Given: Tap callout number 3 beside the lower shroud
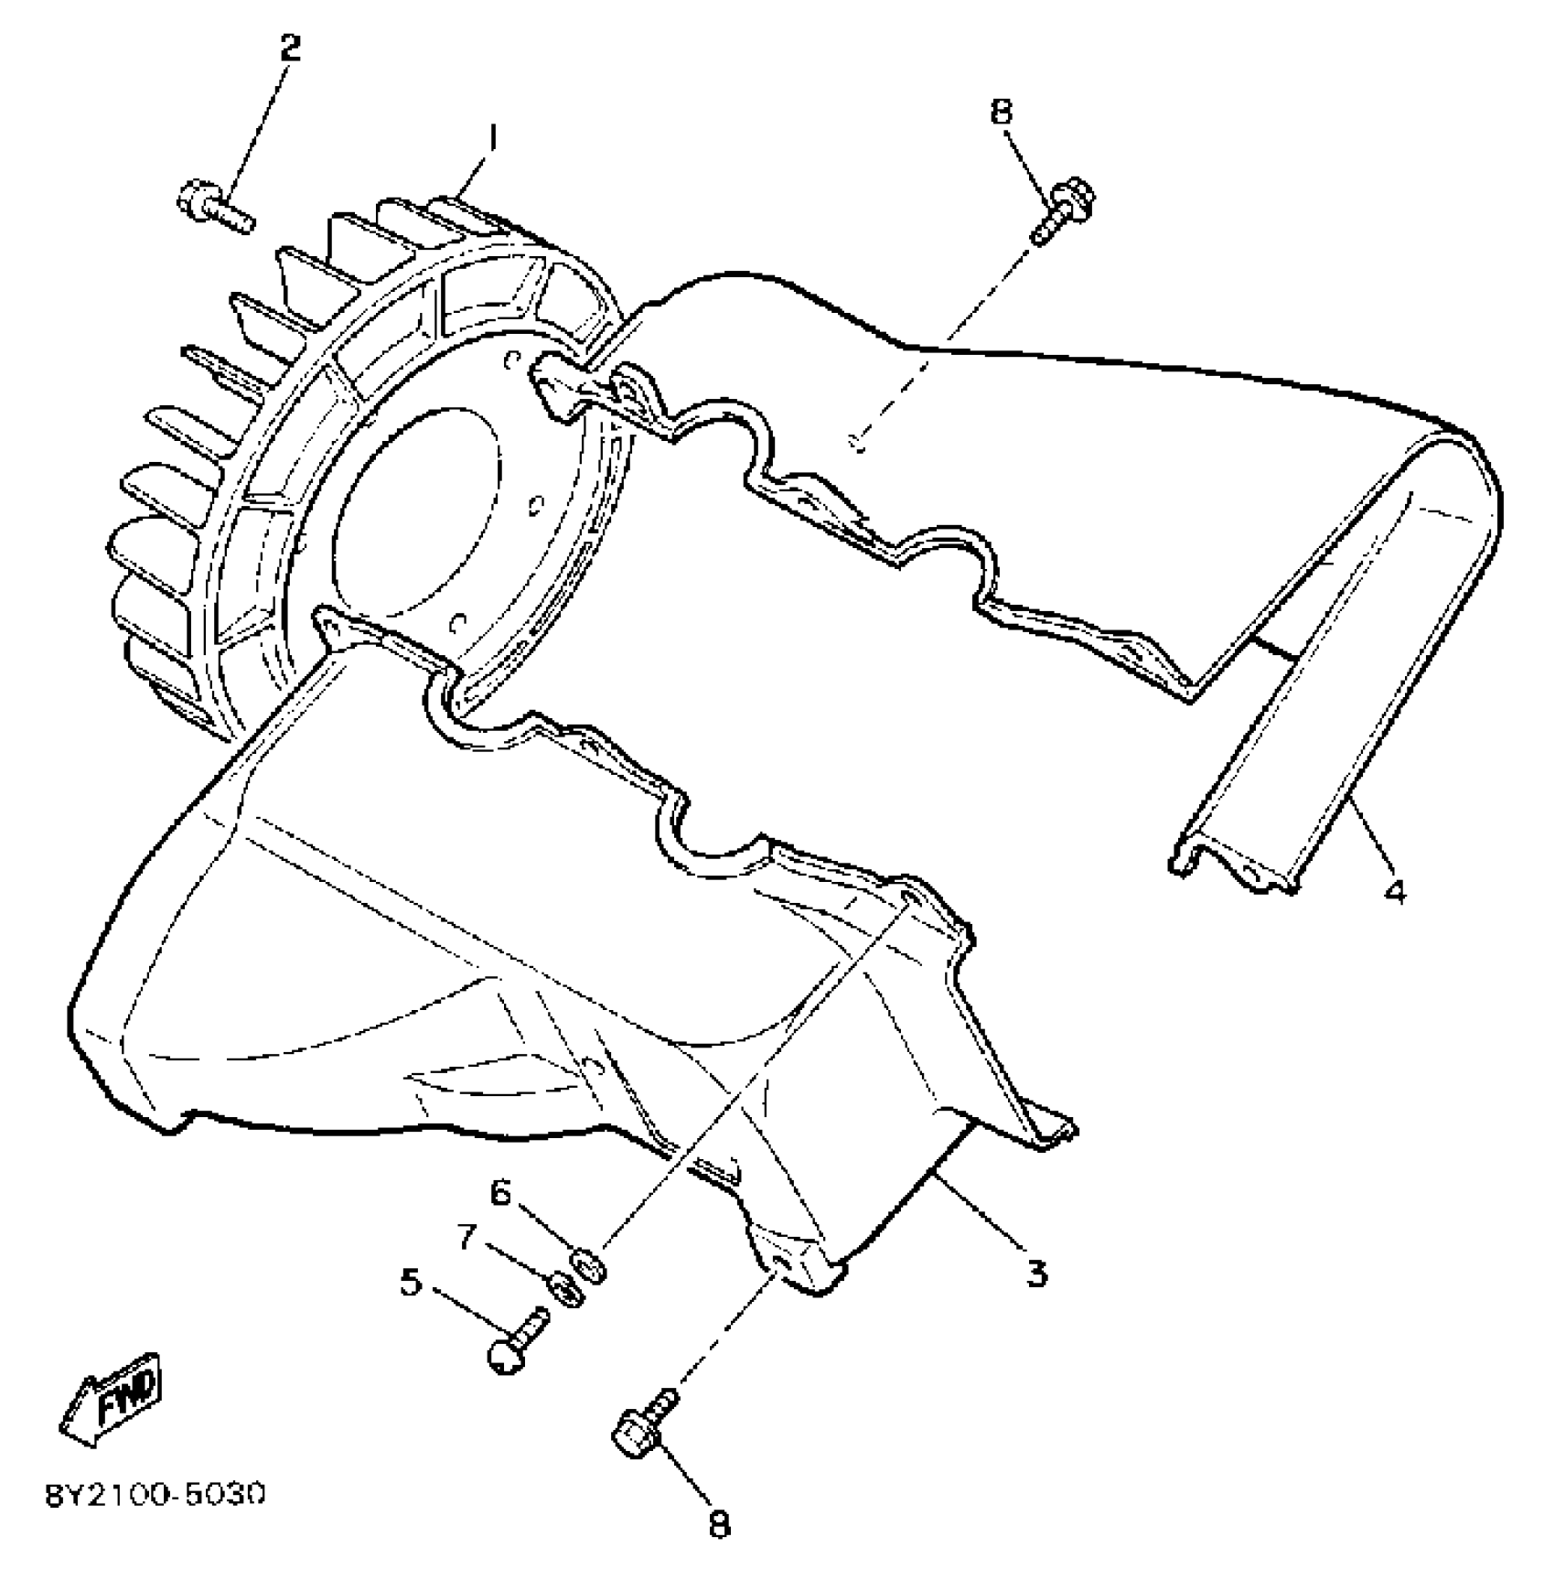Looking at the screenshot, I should tap(1035, 1273).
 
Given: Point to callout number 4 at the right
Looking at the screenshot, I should tap(1394, 890).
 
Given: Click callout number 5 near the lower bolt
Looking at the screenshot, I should tap(411, 1283).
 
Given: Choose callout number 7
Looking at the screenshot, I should tap(467, 1238).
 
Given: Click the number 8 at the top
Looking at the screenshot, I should tap(1002, 112).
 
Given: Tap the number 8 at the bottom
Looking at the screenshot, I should tap(720, 1523).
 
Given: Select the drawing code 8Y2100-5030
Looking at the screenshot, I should tap(155, 1496).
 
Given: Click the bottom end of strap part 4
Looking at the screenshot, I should tap(1235, 870).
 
